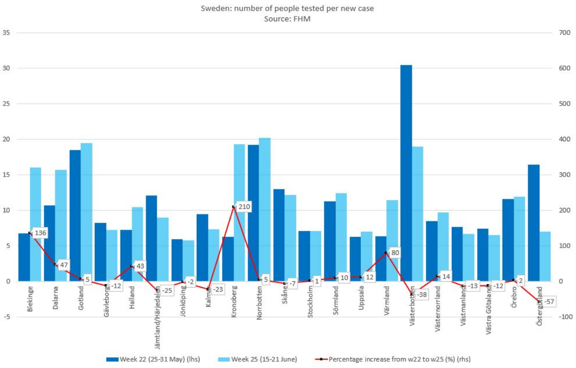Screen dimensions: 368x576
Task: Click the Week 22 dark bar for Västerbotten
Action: tap(406, 173)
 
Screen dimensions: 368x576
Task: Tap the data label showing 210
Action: tap(244, 207)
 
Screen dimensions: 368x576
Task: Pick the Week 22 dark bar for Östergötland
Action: tap(533, 223)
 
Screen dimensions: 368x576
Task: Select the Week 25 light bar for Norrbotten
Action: tap(264, 209)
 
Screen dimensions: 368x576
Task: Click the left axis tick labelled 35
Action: tap(6, 33)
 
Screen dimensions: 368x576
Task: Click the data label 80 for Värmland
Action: tap(396, 253)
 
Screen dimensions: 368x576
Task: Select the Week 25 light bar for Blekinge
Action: tap(36, 224)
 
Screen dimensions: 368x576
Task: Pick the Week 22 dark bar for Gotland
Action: tap(75, 215)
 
